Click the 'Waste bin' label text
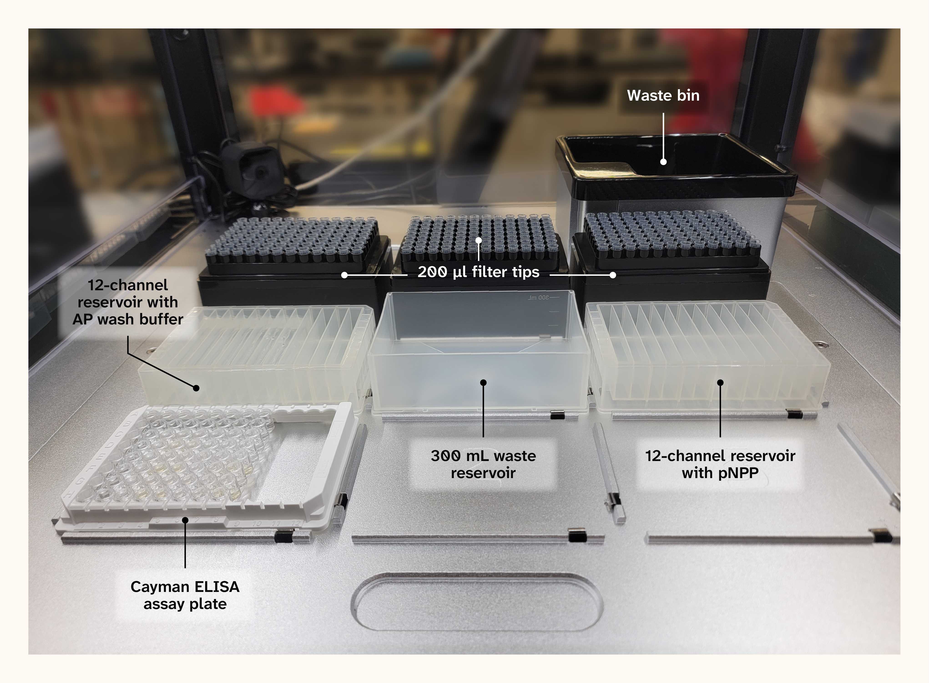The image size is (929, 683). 663,95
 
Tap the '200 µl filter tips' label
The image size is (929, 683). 478,272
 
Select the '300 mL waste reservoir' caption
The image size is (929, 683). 483,464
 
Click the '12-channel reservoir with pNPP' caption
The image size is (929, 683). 720,464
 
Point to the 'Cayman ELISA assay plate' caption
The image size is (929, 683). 185,595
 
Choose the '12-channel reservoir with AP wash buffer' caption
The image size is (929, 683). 128,302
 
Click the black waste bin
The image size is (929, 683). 676,165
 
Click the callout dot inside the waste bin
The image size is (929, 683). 663,162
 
